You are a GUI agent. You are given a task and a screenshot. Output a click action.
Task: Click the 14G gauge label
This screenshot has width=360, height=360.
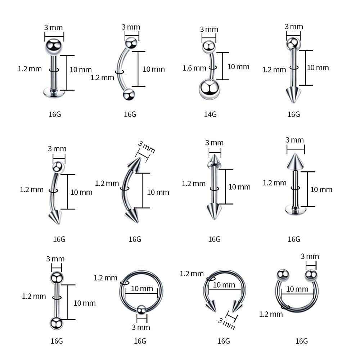point(210,114)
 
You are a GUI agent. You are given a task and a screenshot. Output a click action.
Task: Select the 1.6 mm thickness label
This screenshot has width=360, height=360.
point(194,68)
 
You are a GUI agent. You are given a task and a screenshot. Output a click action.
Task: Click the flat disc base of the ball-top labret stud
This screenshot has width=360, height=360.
point(53,93)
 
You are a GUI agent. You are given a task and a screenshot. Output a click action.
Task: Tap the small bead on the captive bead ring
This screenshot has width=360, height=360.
point(141,309)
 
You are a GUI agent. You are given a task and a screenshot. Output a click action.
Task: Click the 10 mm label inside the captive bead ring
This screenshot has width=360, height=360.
point(142,289)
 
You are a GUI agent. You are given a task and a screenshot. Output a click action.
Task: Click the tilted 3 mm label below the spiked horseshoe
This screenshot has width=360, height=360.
point(226,321)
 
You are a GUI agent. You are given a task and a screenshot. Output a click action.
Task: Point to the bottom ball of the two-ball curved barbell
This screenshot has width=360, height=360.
point(128,95)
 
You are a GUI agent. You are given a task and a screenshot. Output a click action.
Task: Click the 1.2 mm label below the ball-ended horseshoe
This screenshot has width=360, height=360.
point(271,314)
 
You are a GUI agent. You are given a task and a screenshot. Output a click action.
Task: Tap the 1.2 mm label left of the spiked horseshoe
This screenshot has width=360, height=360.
point(192,274)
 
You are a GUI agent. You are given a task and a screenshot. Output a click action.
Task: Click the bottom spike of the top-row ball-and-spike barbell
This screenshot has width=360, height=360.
point(293,95)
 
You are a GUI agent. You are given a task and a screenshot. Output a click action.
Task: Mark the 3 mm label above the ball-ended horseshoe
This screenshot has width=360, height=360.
point(310,256)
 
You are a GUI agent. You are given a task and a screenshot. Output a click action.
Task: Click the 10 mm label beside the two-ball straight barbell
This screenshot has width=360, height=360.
point(85,303)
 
